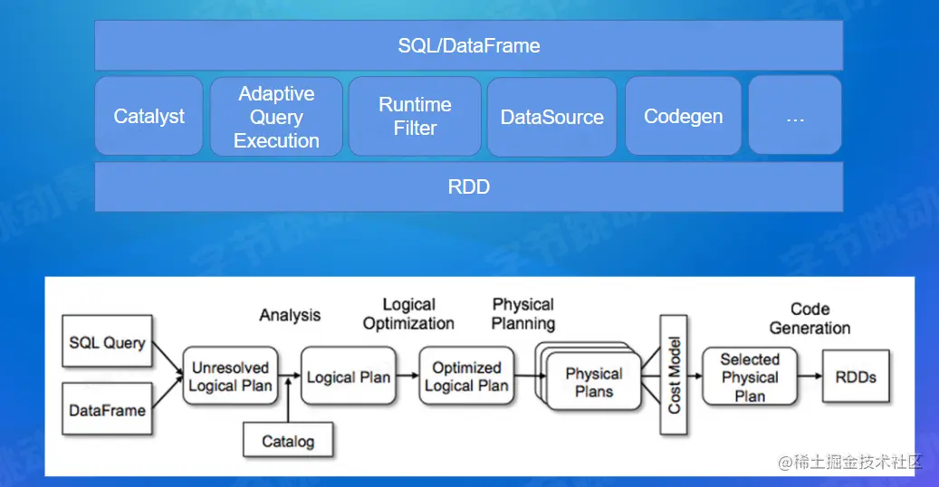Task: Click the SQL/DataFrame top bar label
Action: [469, 45]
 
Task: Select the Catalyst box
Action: [149, 116]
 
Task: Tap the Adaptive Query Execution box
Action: [276, 116]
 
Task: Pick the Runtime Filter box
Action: [415, 116]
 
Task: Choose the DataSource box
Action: [551, 116]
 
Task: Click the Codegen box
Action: [684, 116]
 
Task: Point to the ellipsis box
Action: [795, 115]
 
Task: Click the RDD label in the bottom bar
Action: [469, 186]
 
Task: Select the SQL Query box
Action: [107, 341]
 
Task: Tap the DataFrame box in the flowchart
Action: [107, 409]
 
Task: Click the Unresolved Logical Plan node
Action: [231, 377]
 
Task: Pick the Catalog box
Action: [288, 440]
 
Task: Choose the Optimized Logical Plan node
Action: [466, 377]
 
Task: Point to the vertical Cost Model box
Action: [674, 375]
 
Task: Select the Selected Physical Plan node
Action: [750, 377]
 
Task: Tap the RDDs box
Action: [856, 377]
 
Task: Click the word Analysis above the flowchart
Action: [290, 315]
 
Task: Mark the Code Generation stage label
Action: [810, 319]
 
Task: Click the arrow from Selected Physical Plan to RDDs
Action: [810, 377]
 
